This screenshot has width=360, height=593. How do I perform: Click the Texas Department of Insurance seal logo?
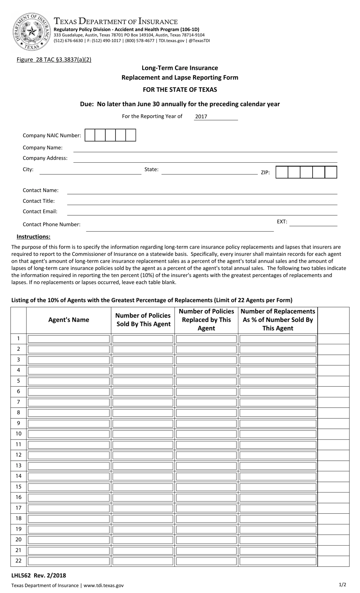pos(32,31)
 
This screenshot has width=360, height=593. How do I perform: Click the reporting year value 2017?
pos(201,117)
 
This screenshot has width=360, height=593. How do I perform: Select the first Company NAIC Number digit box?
pos(90,135)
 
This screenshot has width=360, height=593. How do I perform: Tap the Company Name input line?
pos(205,149)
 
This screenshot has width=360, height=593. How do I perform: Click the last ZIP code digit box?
pos(331,172)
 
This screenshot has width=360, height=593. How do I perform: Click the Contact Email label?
pos(40,212)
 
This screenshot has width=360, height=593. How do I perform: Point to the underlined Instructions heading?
pos(33,237)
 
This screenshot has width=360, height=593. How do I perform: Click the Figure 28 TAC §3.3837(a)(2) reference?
pos(54,60)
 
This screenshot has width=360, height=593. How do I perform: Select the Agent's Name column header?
pos(69,320)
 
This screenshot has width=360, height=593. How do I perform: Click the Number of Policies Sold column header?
pos(143,320)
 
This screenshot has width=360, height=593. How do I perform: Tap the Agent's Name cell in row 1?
pos(69,339)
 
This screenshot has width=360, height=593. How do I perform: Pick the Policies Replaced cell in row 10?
pos(206,434)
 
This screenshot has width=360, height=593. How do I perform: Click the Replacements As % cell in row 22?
pos(278,561)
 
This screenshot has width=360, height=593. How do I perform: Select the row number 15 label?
pos(18,486)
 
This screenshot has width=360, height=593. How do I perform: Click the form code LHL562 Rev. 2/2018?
pos(39,575)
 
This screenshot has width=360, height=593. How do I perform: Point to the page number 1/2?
pos(342,584)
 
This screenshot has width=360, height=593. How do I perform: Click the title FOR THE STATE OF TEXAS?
pos(180,90)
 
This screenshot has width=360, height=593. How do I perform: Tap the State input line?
pos(209,171)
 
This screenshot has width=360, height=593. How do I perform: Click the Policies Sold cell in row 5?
pos(143,381)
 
